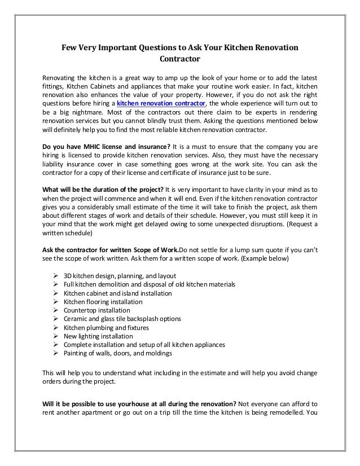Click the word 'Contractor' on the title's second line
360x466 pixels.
point(180,58)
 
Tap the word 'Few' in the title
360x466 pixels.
point(69,47)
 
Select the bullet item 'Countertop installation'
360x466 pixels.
point(96,310)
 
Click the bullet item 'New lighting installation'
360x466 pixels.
point(99,336)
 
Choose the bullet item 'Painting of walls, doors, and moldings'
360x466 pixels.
point(118,353)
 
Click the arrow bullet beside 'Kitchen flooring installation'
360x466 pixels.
point(56,301)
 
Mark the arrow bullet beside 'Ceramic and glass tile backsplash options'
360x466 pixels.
point(56,319)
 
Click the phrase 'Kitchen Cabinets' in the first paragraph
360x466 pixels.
point(90,86)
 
